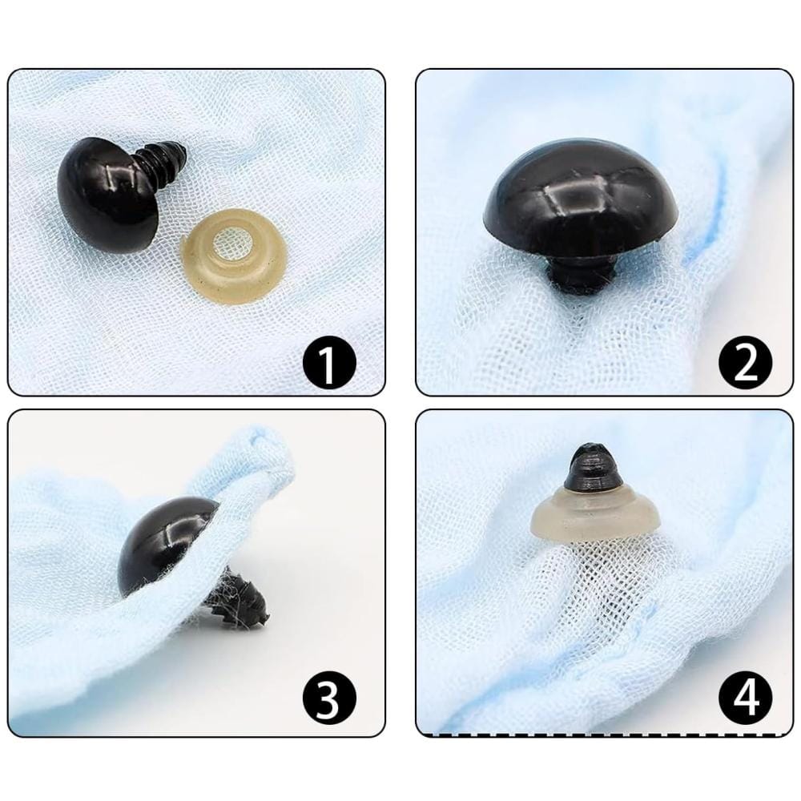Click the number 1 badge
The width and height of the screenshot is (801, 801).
click(x=328, y=363)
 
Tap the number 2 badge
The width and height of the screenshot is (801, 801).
click(x=745, y=363)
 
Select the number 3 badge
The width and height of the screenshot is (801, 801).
click(x=328, y=698)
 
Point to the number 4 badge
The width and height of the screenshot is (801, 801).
click(x=745, y=698)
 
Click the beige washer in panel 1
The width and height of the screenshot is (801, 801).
click(x=233, y=256)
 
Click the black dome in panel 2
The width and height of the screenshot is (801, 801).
click(x=581, y=197)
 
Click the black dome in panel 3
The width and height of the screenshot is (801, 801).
click(x=164, y=545)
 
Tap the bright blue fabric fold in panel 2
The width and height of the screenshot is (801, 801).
click(x=710, y=215)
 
